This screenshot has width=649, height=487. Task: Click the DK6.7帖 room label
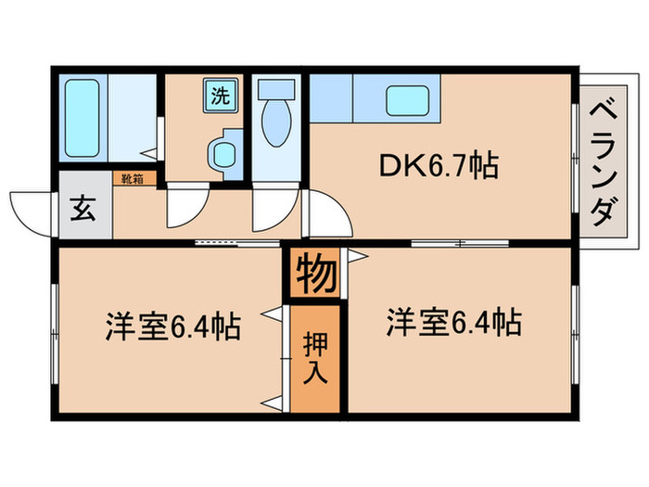(439, 167)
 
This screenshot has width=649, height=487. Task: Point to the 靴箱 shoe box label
(129, 179)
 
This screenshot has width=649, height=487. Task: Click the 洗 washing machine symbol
(221, 95)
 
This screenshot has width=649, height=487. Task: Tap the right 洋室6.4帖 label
(452, 324)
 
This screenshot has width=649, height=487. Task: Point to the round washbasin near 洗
(222, 150)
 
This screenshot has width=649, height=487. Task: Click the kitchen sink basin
(407, 100)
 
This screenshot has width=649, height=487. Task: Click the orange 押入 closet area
(315, 357)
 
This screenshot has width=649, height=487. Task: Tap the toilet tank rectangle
(274, 91)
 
